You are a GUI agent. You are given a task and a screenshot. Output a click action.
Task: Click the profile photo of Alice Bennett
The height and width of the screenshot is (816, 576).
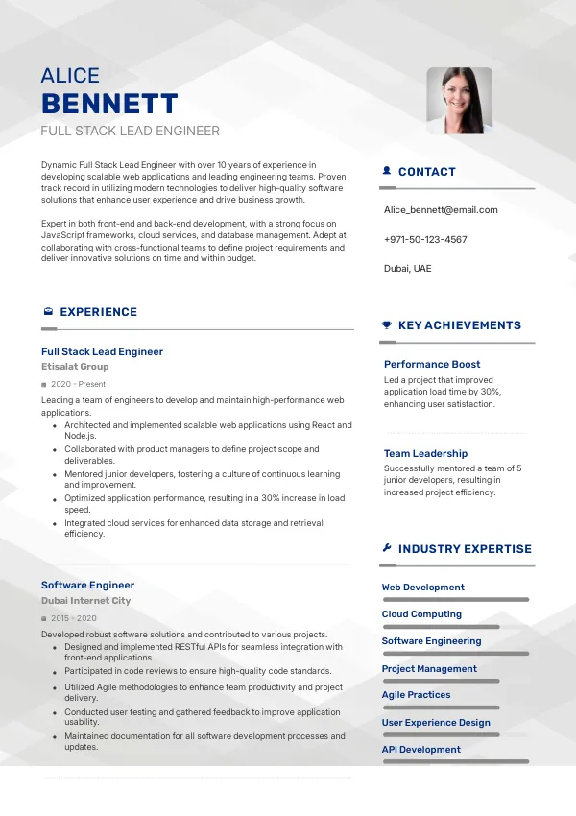click(459, 100)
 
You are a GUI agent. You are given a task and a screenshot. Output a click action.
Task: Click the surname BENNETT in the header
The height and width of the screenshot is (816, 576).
click(109, 104)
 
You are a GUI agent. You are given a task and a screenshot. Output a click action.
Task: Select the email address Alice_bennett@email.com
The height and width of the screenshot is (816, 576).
click(441, 209)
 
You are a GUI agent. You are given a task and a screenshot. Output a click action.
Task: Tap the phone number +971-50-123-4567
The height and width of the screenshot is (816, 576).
click(425, 239)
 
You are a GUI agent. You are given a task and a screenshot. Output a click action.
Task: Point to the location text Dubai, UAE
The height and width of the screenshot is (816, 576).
click(408, 269)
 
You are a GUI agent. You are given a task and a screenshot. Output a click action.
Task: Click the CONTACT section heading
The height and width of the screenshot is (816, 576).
click(426, 172)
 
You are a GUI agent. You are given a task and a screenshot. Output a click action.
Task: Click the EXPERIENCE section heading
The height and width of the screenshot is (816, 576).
click(98, 312)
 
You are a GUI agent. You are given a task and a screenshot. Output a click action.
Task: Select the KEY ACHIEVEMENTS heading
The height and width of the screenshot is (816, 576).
click(459, 325)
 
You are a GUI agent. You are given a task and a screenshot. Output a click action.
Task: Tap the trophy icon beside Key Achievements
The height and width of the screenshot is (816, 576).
click(387, 325)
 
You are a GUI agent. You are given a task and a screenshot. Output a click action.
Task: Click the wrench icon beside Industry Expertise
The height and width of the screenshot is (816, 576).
click(387, 549)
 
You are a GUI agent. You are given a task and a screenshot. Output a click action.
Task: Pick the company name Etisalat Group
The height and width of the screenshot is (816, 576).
click(75, 367)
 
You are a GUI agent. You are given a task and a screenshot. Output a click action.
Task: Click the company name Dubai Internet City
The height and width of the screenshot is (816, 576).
click(85, 601)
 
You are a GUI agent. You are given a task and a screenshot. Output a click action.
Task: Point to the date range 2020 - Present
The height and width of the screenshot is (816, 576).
click(79, 384)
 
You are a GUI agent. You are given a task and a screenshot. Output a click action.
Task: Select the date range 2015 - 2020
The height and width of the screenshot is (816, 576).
click(74, 618)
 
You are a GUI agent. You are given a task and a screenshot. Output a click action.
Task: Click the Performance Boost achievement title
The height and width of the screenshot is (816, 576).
click(432, 365)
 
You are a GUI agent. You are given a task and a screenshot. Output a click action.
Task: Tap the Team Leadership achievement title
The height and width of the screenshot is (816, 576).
click(425, 453)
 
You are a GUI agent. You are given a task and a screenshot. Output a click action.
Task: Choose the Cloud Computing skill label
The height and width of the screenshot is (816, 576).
click(421, 614)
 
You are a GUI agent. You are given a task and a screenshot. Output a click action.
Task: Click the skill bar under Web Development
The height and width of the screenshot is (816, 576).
click(455, 599)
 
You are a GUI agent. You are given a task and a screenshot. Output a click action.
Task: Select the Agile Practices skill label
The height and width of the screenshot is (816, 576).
click(416, 695)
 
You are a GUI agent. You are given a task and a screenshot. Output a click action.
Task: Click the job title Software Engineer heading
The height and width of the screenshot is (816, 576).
click(87, 585)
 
